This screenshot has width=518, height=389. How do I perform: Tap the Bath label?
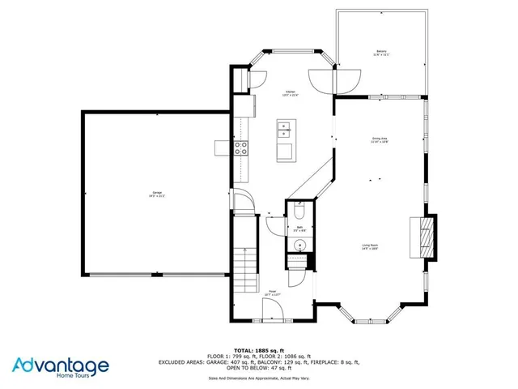299,229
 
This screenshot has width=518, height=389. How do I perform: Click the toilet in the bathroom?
299,212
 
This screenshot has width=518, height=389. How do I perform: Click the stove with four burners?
241,147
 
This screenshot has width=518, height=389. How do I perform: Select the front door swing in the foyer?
274,309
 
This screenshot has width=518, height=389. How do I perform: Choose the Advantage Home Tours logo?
61,366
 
